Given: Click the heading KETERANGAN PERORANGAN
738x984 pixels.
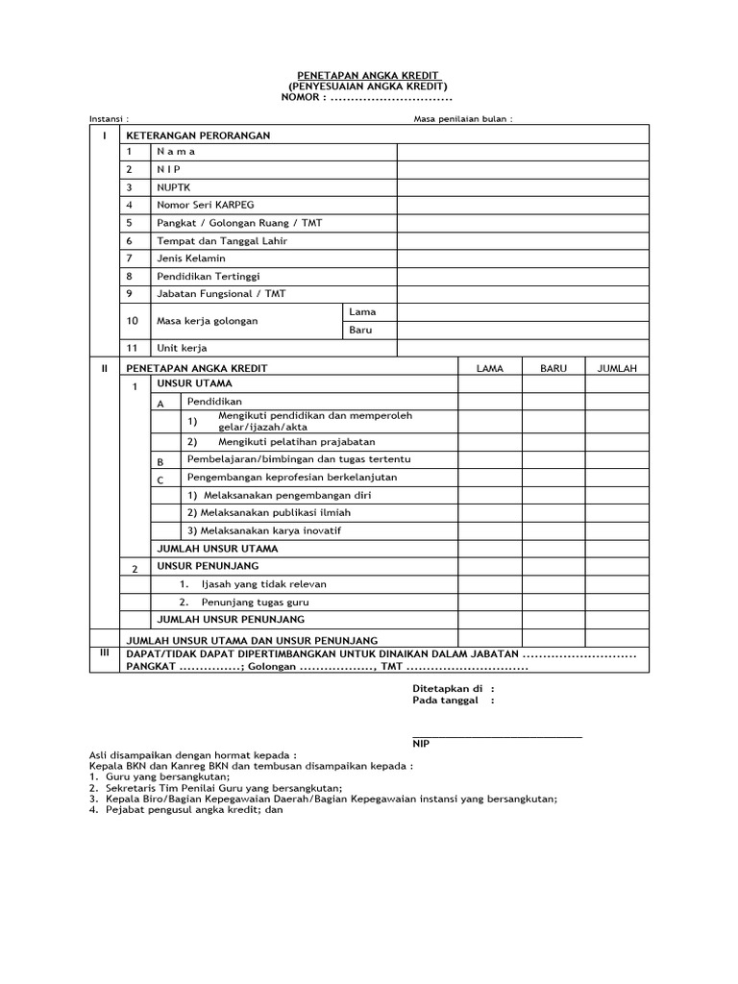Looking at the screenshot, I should (198, 135).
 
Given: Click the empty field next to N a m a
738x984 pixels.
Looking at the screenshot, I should (523, 152).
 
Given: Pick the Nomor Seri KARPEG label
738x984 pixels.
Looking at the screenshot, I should (205, 205).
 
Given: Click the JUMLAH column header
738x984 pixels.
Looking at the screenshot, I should (617, 368).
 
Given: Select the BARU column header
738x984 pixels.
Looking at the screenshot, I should (553, 368).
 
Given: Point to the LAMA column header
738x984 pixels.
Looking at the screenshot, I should (489, 368).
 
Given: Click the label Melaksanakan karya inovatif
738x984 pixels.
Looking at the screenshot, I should (264, 530).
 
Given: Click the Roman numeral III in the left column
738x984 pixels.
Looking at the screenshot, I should (106, 652).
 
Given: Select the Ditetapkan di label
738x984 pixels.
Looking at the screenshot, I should (447, 689).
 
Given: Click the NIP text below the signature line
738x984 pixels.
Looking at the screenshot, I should (421, 744).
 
